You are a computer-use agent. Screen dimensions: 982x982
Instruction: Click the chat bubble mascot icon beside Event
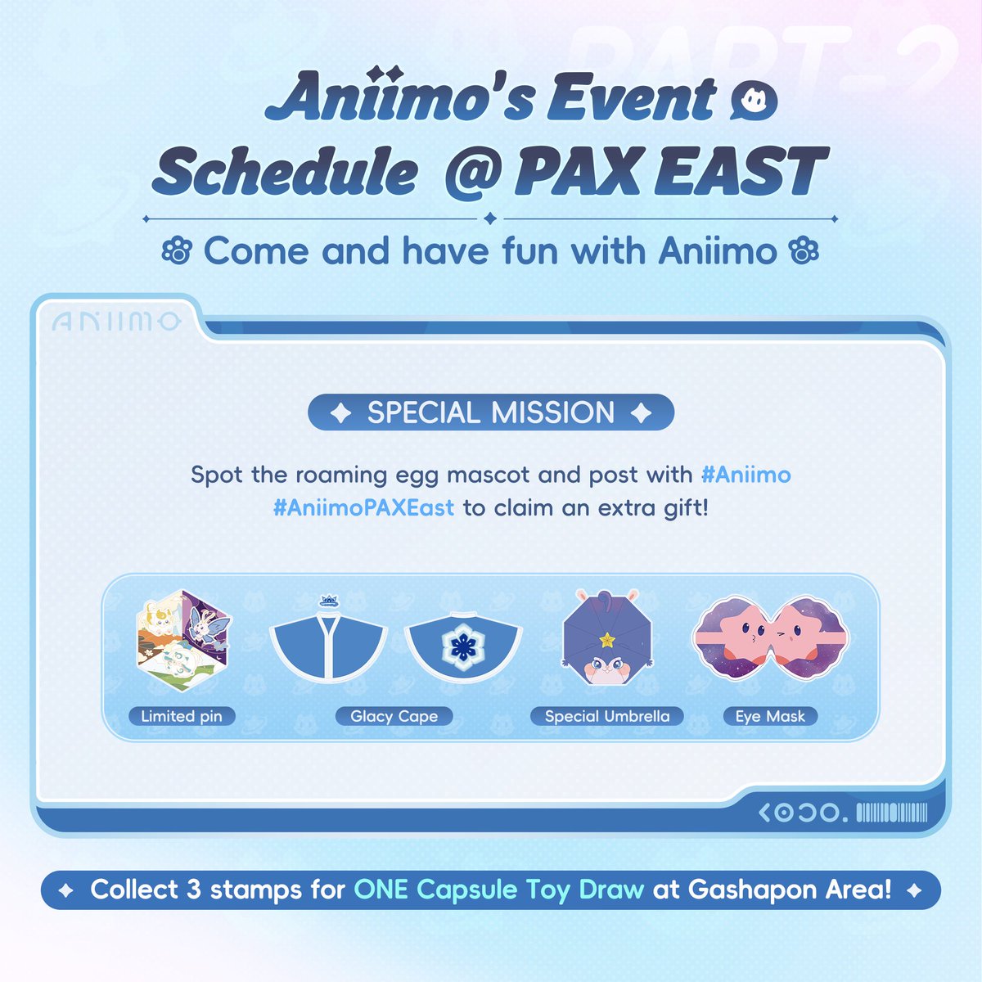coord(754,101)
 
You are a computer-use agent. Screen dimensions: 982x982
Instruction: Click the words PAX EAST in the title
coord(670,172)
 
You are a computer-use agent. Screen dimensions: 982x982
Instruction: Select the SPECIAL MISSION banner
coord(491,412)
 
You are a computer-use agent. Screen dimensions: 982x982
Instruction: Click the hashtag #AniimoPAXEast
coord(363,508)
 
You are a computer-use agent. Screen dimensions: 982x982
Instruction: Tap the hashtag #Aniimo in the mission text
coord(746,475)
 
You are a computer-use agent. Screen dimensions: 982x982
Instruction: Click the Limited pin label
coord(182,716)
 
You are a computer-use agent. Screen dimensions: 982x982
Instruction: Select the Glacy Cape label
coord(394,716)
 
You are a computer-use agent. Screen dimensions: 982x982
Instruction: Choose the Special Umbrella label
coord(607,716)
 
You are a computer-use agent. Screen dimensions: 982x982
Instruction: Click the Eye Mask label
coord(770,716)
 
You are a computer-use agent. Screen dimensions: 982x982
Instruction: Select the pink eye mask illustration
coord(771,638)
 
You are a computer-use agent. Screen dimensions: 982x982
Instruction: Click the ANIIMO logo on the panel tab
coord(115,322)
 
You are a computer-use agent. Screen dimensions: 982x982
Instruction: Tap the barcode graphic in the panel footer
coord(891,813)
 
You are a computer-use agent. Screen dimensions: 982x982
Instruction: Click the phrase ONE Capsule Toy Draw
coord(499,890)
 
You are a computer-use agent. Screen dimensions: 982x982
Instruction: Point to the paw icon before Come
coord(176,251)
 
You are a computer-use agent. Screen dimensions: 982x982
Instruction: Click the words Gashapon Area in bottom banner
coord(790,890)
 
